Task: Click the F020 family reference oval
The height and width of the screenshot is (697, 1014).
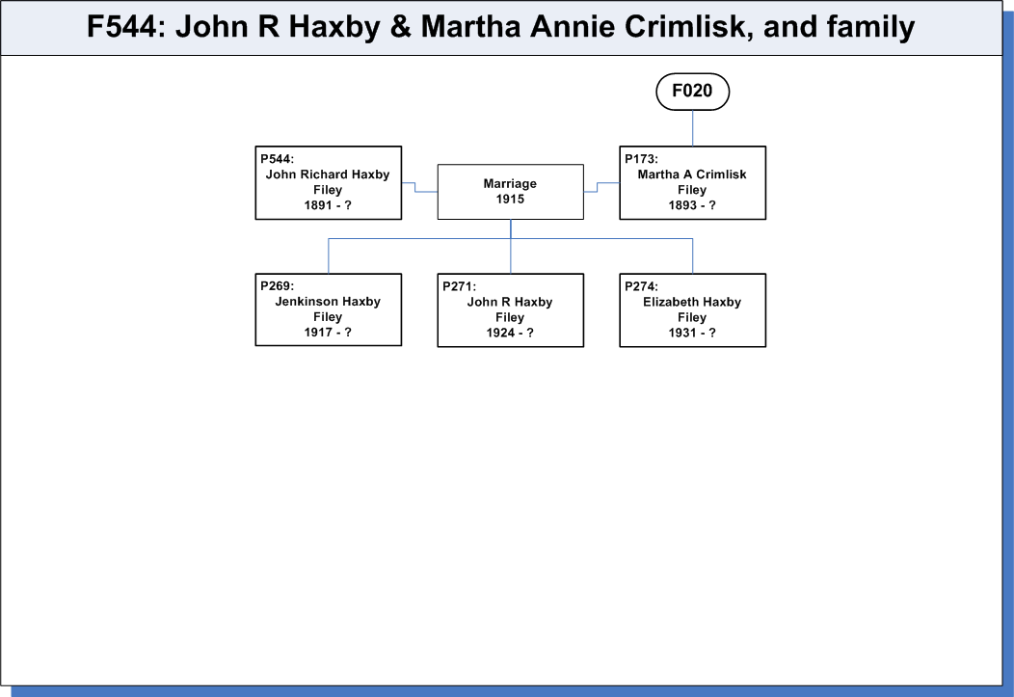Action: [693, 92]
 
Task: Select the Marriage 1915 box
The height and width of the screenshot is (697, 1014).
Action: [510, 192]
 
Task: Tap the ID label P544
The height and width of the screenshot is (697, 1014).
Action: [277, 159]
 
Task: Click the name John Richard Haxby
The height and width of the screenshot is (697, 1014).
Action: [328, 174]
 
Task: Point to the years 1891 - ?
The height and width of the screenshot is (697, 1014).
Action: [328, 205]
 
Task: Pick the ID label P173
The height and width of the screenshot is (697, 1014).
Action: [641, 159]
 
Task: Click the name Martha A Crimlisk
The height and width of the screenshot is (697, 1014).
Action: [692, 174]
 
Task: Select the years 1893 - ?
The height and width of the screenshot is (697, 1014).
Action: [692, 205]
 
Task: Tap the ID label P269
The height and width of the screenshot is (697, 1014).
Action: [277, 285]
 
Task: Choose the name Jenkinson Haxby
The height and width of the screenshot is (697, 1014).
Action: [328, 302]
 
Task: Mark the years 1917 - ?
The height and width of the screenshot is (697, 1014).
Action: [328, 333]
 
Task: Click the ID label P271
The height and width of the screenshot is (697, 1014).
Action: [459, 286]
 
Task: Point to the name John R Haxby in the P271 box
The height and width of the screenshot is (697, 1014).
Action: [510, 302]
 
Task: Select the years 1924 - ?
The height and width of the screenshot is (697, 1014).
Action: [510, 333]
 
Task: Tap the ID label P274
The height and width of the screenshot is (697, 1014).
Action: [641, 286]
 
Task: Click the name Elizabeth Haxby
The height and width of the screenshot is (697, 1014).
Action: [692, 302]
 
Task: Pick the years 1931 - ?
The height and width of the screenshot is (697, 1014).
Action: [692, 333]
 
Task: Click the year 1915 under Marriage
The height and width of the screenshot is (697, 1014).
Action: [510, 200]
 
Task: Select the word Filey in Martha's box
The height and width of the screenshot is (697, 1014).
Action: [692, 190]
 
